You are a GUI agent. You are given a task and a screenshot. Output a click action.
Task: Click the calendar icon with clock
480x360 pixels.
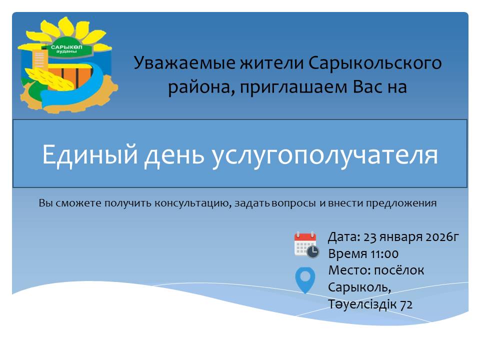(306, 244)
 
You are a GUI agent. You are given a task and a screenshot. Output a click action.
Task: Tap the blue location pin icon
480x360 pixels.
(305, 280)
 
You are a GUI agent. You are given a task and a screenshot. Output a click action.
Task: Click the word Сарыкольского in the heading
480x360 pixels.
(375, 63)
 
